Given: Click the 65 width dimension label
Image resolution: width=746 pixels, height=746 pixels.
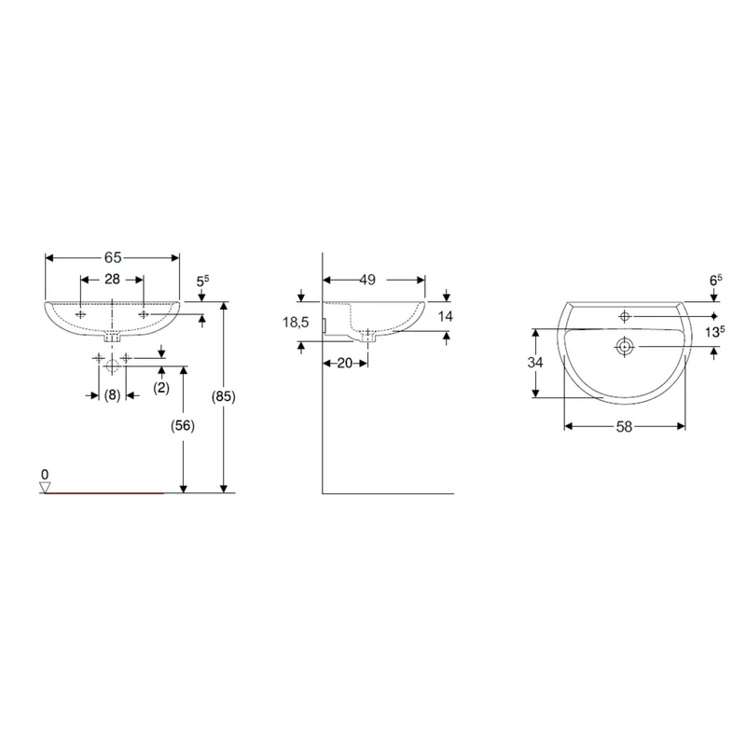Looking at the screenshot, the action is (x=113, y=257).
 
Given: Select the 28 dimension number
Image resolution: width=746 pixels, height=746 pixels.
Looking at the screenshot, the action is (x=112, y=279).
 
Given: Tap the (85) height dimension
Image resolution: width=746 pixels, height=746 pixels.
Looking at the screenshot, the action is (x=224, y=396).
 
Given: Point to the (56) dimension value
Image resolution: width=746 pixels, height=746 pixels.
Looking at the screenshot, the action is (x=183, y=426).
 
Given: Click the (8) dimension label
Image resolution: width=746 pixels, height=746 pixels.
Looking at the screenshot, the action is (x=112, y=394).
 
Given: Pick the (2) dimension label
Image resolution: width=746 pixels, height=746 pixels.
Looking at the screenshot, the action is (x=161, y=388).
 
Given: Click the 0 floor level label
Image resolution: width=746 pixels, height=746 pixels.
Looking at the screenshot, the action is (x=45, y=475).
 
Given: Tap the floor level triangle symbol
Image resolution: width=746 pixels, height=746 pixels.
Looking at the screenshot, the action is (x=45, y=488).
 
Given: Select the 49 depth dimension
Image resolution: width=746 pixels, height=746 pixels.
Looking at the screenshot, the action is (x=367, y=280).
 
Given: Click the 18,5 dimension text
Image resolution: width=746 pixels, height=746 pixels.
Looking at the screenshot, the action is (x=296, y=323).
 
